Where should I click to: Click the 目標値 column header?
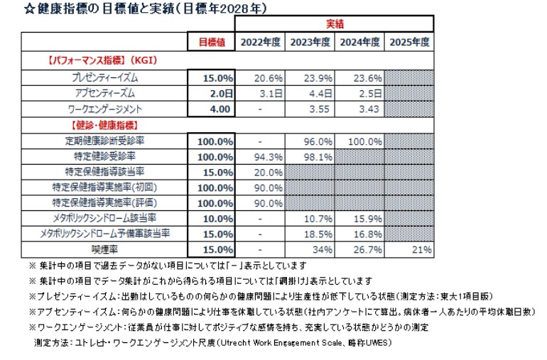[x=211, y=42]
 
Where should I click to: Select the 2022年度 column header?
[x=261, y=42]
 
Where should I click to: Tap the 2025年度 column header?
[x=409, y=42]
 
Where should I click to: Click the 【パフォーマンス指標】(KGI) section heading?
[x=103, y=61]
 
